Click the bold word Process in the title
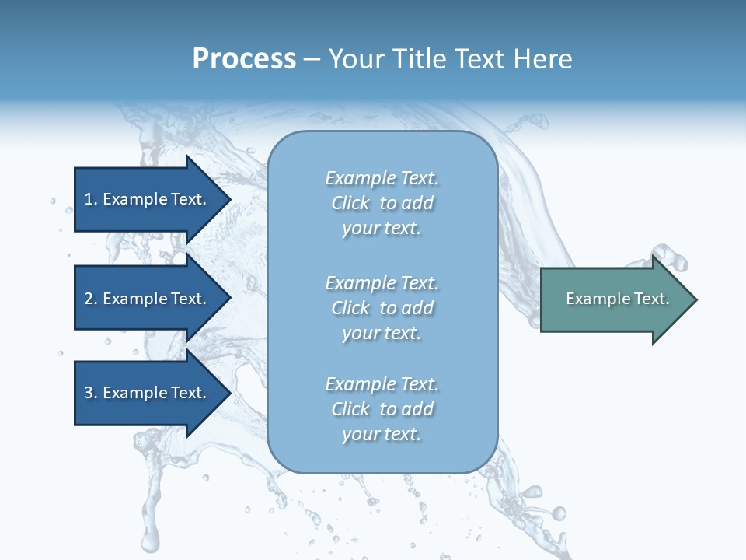point(244,59)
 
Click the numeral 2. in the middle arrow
point(90,299)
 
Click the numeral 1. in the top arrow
point(90,199)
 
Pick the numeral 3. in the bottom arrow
point(90,393)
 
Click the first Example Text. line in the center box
point(382,178)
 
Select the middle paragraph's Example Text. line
point(382,282)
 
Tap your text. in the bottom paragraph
point(382,434)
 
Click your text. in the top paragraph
point(382,228)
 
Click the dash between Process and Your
point(312,60)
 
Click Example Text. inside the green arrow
point(617,299)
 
